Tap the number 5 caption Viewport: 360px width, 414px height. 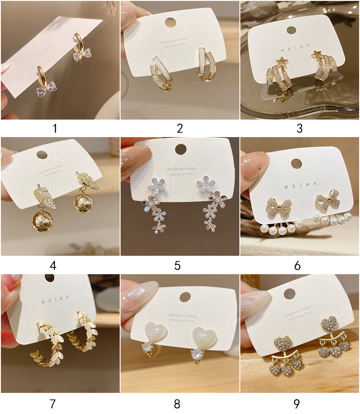click(177, 266)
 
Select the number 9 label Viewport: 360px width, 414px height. click(297, 403)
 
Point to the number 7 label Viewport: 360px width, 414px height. click(53, 403)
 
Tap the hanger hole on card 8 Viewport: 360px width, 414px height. click(185, 297)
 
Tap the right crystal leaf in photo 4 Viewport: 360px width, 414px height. click(91, 182)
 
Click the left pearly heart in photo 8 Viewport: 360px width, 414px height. click(155, 333)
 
